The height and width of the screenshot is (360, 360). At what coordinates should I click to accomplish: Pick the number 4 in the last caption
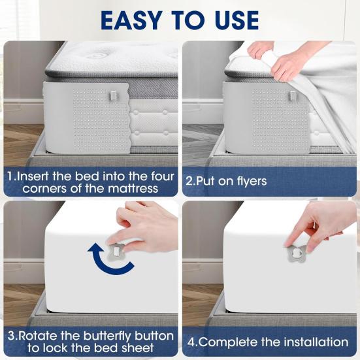point(191,342)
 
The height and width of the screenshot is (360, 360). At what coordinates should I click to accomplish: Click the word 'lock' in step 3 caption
point(86,349)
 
